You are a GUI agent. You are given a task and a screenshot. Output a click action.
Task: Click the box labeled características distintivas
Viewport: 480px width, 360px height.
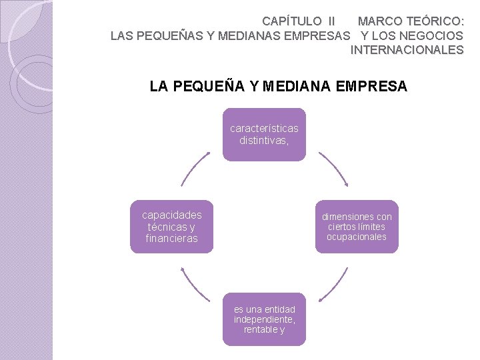[264, 135]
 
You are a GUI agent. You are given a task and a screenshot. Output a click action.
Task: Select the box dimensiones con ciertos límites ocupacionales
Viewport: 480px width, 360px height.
[357, 227]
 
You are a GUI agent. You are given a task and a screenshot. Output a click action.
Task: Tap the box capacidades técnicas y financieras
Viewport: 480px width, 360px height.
[172, 227]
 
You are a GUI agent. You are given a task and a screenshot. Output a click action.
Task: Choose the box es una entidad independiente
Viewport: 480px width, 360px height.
[264, 319]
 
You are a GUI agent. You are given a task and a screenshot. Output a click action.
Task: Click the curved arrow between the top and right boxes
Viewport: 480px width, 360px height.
[333, 169]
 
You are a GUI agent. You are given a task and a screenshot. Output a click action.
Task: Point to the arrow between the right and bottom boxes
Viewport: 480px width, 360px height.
[334, 285]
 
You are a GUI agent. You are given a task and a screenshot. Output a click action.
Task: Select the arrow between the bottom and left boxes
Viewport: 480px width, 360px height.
[195, 285]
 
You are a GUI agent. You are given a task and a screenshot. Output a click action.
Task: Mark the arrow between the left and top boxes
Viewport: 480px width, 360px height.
[195, 169]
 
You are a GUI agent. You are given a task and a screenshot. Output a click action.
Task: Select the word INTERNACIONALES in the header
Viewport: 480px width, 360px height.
[407, 49]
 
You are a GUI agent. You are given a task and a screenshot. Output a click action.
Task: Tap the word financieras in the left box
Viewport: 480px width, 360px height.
[172, 239]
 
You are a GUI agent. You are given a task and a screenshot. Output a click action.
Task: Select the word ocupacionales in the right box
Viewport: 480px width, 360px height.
[357, 237]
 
